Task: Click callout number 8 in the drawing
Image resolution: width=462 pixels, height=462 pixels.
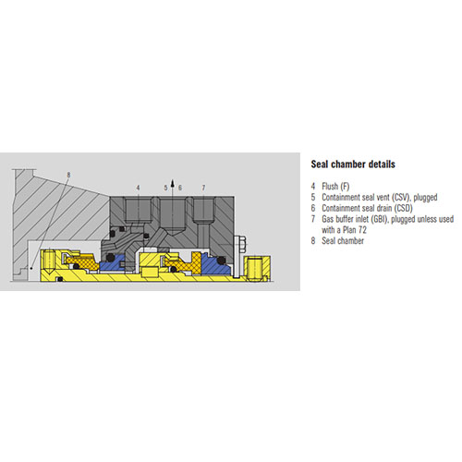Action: pos(68,175)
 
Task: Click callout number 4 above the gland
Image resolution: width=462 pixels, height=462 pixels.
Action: pos(138,188)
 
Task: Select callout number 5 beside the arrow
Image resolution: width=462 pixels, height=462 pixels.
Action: pos(165,188)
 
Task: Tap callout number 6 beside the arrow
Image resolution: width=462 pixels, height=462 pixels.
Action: pos(180,188)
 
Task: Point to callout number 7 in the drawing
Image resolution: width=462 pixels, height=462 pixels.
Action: pos(203,188)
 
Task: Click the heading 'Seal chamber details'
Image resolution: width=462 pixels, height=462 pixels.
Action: pos(353,164)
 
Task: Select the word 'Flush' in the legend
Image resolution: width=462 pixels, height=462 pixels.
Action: pos(330,187)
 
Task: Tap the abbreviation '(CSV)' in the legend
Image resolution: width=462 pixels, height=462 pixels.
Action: pos(401,197)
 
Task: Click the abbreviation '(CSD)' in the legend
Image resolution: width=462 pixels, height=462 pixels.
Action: pos(403,208)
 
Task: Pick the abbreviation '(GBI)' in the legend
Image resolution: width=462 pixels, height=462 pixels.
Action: pos(379,219)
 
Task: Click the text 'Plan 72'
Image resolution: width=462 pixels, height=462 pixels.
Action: pos(355,230)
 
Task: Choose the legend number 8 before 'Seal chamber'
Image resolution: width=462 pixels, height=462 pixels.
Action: pos(313,241)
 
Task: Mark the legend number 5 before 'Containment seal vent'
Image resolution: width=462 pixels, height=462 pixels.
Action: pos(313,197)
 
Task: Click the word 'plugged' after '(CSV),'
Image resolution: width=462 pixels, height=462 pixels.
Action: pos(425,198)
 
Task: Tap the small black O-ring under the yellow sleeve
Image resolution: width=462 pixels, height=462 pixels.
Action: pos(60,279)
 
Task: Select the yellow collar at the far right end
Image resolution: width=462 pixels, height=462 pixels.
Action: pos(258,268)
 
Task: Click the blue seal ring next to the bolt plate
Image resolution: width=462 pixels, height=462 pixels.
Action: pos(215,264)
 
